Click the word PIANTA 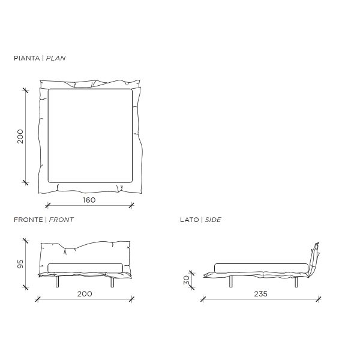[x=27, y=58]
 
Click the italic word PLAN [x=56, y=58]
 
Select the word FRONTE [x=28, y=220]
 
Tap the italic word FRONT [x=61, y=220]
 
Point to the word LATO [x=190, y=220]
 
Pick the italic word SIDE [x=213, y=220]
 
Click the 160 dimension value [x=89, y=200]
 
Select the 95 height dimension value [x=20, y=264]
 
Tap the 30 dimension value [x=187, y=280]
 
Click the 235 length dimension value [x=260, y=294]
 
